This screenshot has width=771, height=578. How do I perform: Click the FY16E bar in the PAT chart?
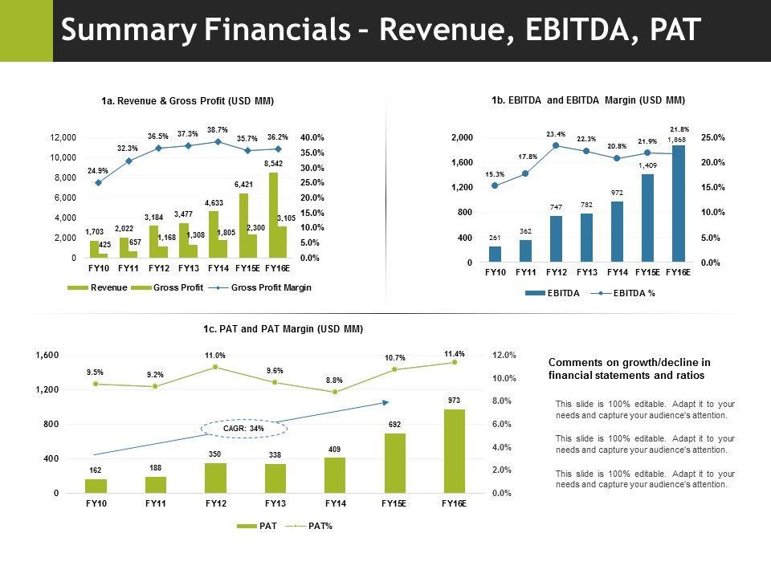pyautogui.click(x=455, y=450)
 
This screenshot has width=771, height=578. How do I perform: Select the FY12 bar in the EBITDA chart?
pyautogui.click(x=556, y=238)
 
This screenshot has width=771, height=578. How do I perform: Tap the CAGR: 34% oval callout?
pyautogui.click(x=244, y=429)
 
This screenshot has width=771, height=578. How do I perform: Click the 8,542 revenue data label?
pyautogui.click(x=273, y=163)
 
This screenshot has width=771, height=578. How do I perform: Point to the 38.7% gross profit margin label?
pyautogui.click(x=217, y=129)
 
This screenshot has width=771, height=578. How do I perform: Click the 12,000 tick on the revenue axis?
pyautogui.click(x=63, y=137)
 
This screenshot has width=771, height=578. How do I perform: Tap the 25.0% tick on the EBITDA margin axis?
pyautogui.click(x=712, y=137)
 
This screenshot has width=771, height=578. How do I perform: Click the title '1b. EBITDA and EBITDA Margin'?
pyautogui.click(x=588, y=100)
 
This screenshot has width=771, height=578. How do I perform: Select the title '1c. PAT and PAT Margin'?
pyautogui.click(x=283, y=329)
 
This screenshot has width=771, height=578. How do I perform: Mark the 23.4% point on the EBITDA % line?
pyautogui.click(x=556, y=145)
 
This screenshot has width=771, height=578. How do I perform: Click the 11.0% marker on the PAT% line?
pyautogui.click(x=215, y=367)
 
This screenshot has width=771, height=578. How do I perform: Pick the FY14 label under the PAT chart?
pyautogui.click(x=335, y=503)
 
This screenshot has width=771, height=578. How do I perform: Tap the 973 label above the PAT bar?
pyautogui.click(x=455, y=399)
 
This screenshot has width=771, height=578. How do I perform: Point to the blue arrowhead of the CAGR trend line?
pyautogui.click(x=385, y=401)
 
